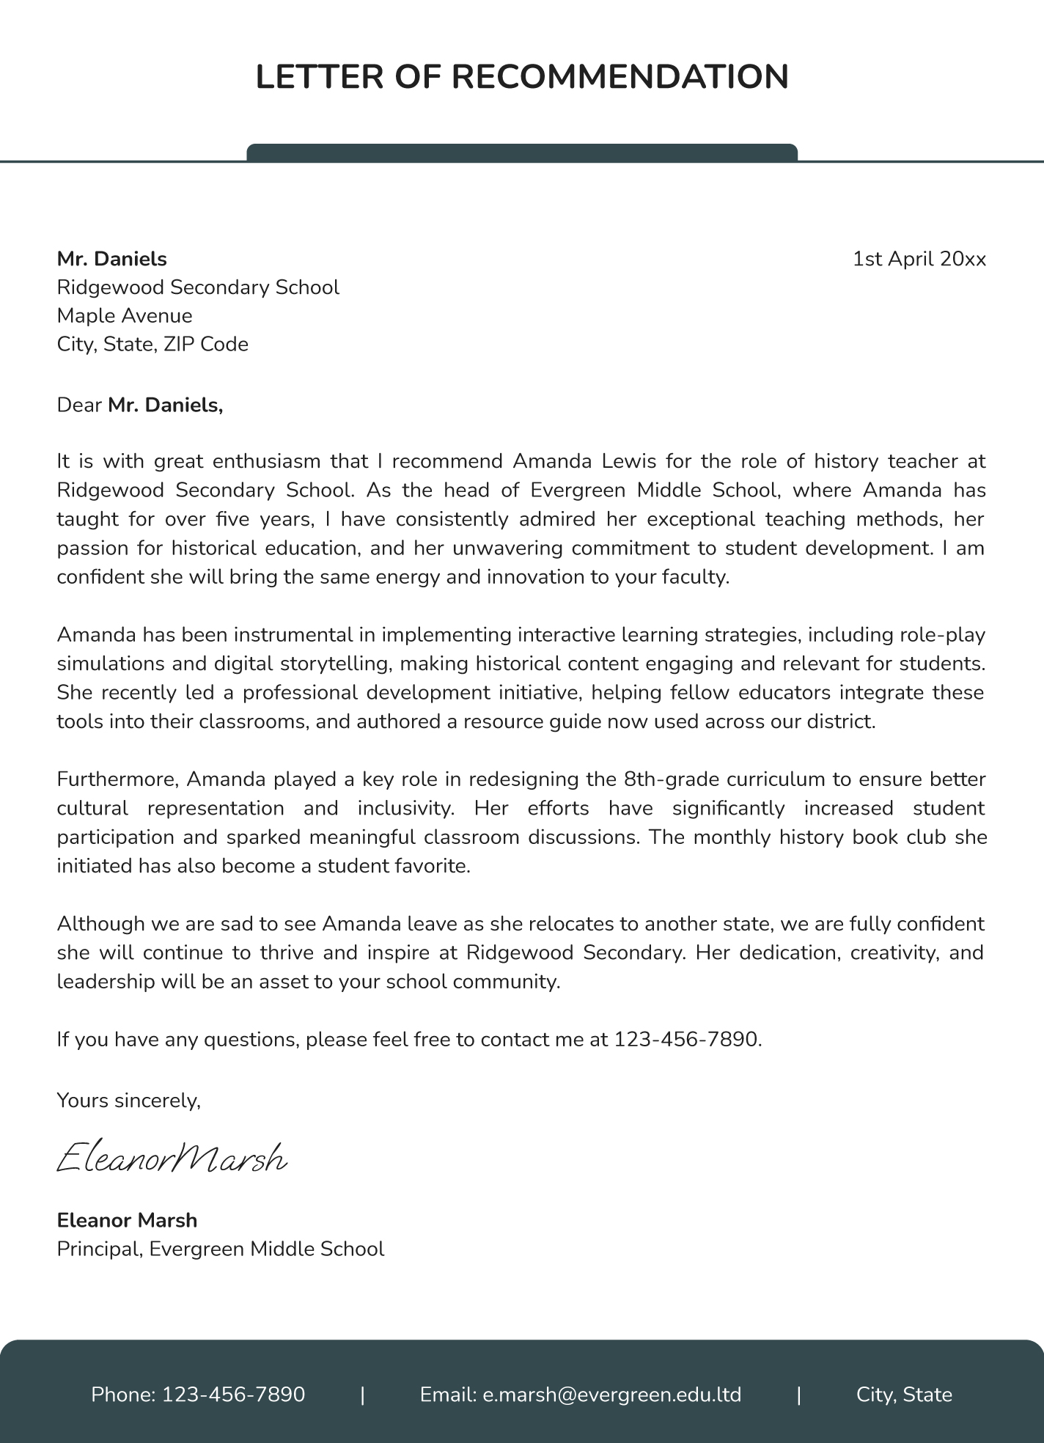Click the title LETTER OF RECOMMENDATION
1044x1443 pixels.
(522, 77)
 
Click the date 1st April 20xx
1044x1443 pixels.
(919, 259)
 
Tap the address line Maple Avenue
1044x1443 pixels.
(125, 316)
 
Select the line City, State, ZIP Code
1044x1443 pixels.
(152, 344)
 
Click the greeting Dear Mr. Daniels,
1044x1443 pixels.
(139, 405)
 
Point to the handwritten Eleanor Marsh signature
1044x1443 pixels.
(172, 1159)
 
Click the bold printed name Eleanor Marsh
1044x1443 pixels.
(127, 1220)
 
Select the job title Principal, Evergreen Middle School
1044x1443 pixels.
(220, 1249)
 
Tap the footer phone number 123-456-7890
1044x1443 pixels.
(233, 1394)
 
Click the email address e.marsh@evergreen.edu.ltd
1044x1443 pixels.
(611, 1394)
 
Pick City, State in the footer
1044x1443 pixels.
(904, 1394)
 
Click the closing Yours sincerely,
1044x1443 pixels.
(128, 1100)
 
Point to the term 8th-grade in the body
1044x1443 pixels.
(671, 779)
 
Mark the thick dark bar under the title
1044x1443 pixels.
(522, 153)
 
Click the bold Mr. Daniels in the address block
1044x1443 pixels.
(112, 259)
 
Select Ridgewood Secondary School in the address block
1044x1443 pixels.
(198, 287)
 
